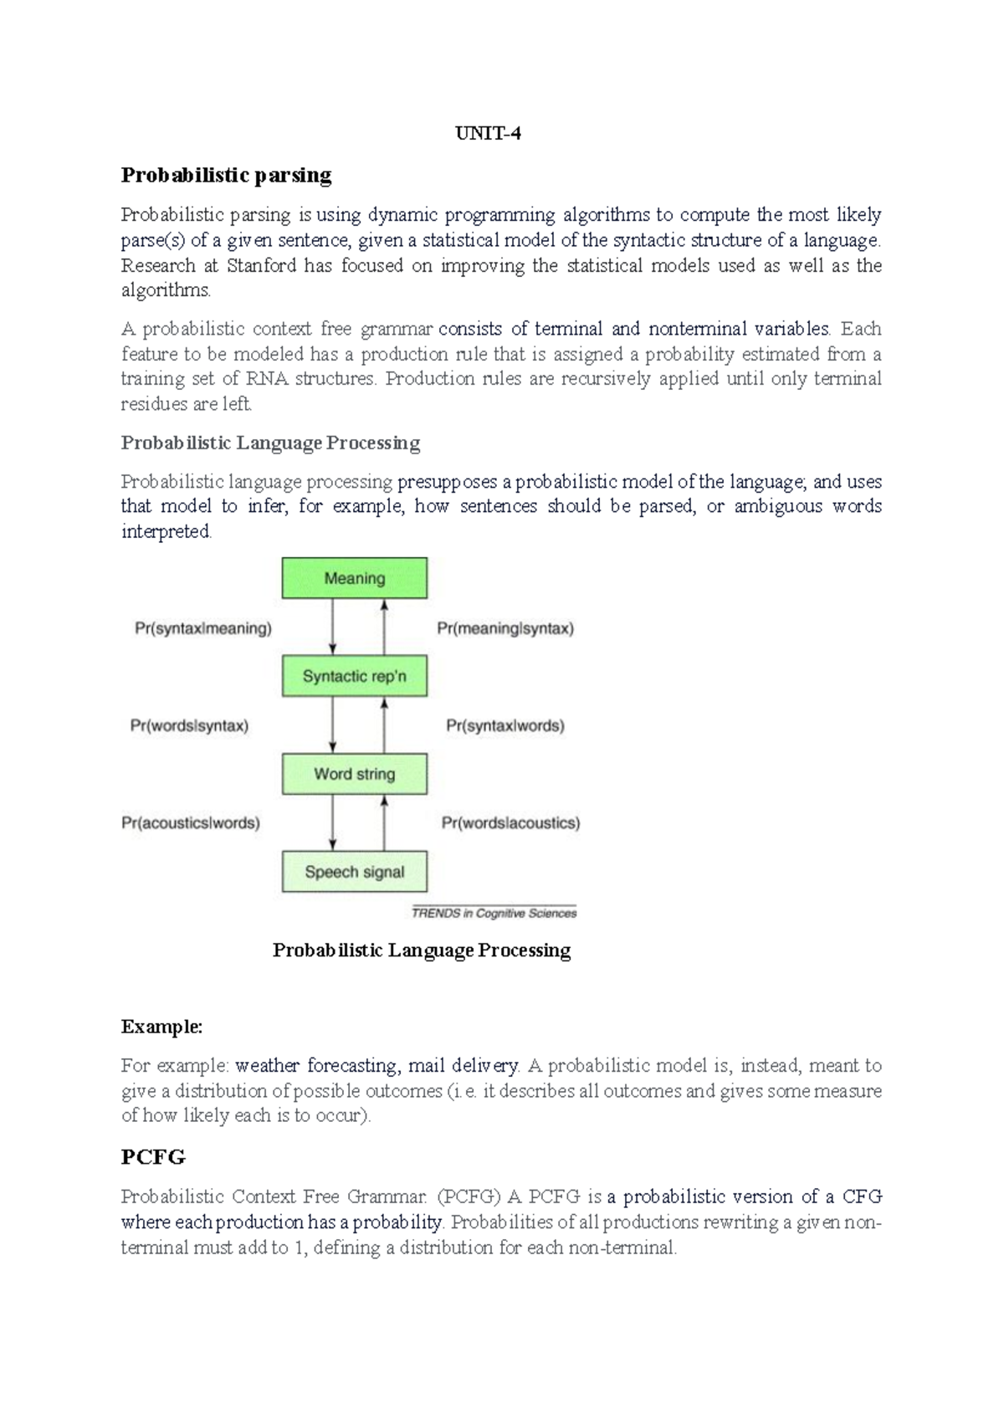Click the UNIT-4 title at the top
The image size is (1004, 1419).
click(488, 134)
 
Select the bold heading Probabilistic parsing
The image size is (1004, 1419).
click(226, 175)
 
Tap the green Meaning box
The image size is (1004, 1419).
click(354, 578)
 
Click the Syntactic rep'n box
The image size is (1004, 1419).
click(354, 676)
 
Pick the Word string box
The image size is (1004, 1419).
click(354, 774)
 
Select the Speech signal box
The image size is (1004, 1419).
click(354, 872)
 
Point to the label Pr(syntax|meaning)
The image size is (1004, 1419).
click(203, 628)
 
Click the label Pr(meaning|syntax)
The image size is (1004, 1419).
click(505, 628)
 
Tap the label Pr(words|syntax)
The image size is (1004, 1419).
click(189, 726)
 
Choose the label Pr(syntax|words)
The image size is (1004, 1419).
click(505, 726)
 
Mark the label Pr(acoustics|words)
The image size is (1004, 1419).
click(191, 823)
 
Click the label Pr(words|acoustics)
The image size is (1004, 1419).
click(510, 823)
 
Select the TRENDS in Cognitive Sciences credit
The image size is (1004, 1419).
click(494, 914)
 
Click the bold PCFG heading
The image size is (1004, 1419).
click(153, 1157)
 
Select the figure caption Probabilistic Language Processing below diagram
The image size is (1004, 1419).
click(422, 950)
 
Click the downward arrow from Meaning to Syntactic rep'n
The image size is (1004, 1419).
click(333, 628)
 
